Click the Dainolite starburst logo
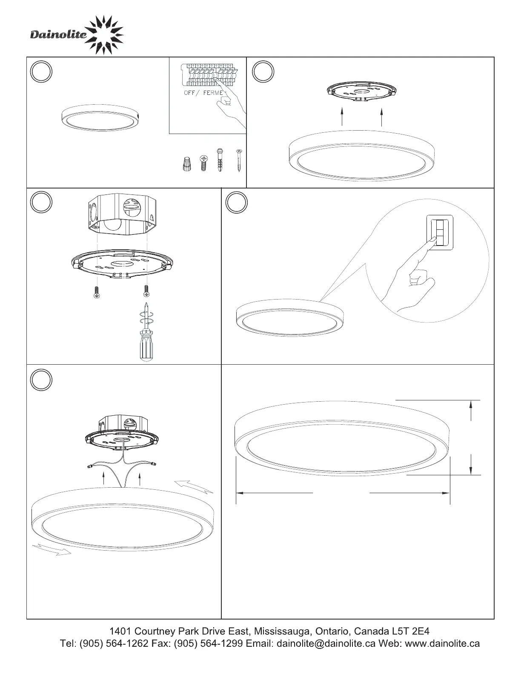(104, 35)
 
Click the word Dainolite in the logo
(58, 34)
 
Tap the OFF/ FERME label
(203, 93)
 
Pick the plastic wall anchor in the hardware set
(220, 160)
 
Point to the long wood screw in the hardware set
(239, 160)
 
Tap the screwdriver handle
(146, 346)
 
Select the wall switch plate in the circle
(440, 232)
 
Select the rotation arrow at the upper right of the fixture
(194, 486)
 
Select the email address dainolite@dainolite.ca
(326, 644)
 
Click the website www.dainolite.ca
(442, 644)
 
